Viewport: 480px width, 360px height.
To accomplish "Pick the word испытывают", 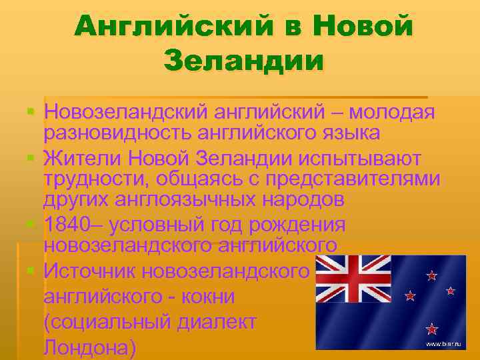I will coord(360,159).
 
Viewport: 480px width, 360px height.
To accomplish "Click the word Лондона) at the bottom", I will coord(91,347).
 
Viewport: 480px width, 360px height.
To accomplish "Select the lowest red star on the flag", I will coord(431,328).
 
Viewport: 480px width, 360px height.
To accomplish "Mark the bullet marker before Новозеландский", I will coord(31,109).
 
